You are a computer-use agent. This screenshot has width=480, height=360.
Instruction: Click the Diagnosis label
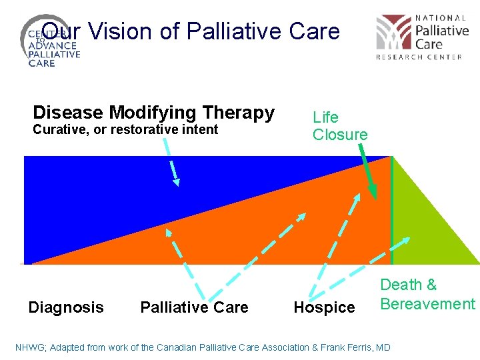tap(66, 307)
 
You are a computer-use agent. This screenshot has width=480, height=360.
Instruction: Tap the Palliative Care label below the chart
tap(194, 307)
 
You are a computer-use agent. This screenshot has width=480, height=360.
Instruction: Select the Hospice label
tap(324, 307)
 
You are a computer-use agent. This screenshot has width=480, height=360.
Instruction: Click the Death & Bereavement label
tap(427, 295)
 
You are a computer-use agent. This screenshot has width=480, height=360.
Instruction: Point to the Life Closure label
tap(340, 126)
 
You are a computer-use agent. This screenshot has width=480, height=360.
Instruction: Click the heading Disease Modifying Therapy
tap(153, 113)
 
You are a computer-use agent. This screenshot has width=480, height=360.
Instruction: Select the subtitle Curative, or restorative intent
tap(125, 129)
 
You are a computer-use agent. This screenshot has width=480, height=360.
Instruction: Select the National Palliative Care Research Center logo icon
tap(393, 33)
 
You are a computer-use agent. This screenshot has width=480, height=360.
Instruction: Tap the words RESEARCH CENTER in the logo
tap(419, 57)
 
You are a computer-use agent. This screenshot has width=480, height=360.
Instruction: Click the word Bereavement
tap(427, 304)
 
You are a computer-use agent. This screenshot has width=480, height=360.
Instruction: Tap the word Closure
tap(340, 135)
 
